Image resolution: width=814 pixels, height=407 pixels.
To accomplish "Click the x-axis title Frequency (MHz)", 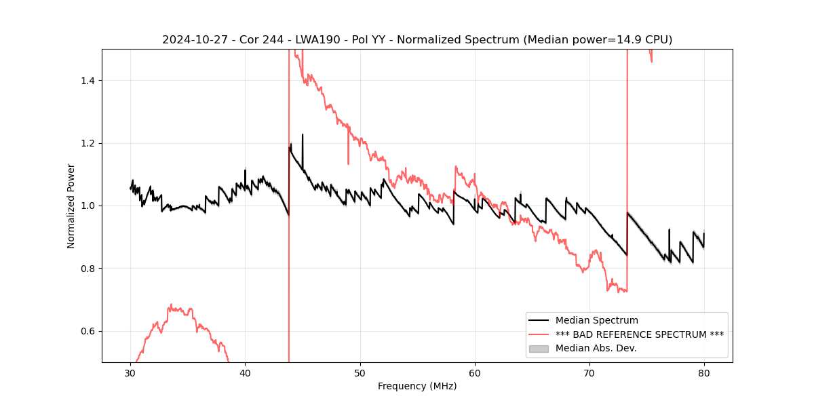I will click(x=417, y=386).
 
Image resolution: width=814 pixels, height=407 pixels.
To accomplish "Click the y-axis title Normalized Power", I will click(x=71, y=206).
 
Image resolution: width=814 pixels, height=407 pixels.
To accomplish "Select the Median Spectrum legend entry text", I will click(x=596, y=320).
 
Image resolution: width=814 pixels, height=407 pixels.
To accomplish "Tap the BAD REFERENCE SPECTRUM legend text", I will click(x=639, y=334).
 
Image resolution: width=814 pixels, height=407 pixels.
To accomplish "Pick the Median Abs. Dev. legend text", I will click(x=596, y=349).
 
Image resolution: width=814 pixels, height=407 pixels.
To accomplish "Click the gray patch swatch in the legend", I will click(x=539, y=349).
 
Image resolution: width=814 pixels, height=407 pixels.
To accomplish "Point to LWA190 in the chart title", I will click(x=319, y=40).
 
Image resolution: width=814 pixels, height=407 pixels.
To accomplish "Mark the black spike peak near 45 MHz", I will click(x=303, y=135).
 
